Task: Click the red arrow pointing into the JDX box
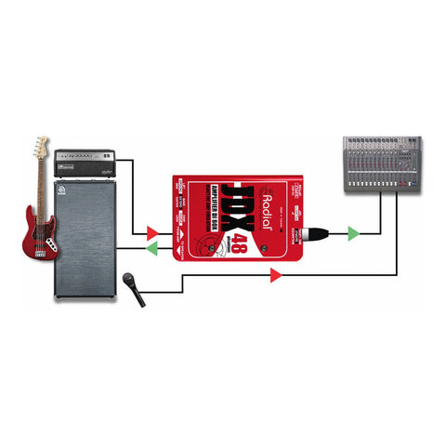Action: click(151, 230)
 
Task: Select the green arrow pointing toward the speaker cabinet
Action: click(151, 249)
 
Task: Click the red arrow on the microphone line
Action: click(275, 275)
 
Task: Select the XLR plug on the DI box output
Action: click(319, 230)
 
